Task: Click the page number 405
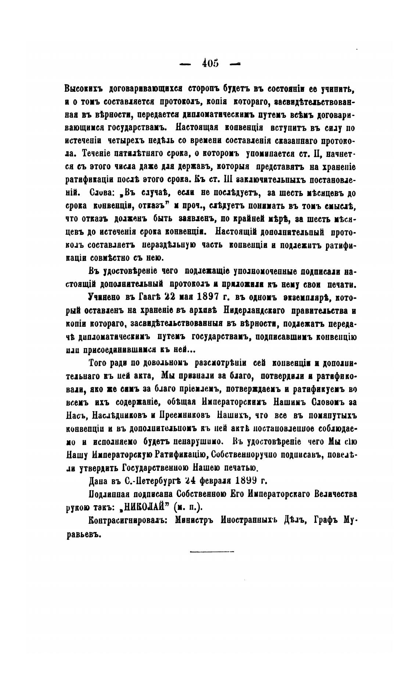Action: pos(210,63)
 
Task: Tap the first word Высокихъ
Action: pos(83,89)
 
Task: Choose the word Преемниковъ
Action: pos(184,415)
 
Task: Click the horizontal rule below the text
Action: pos(212,551)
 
